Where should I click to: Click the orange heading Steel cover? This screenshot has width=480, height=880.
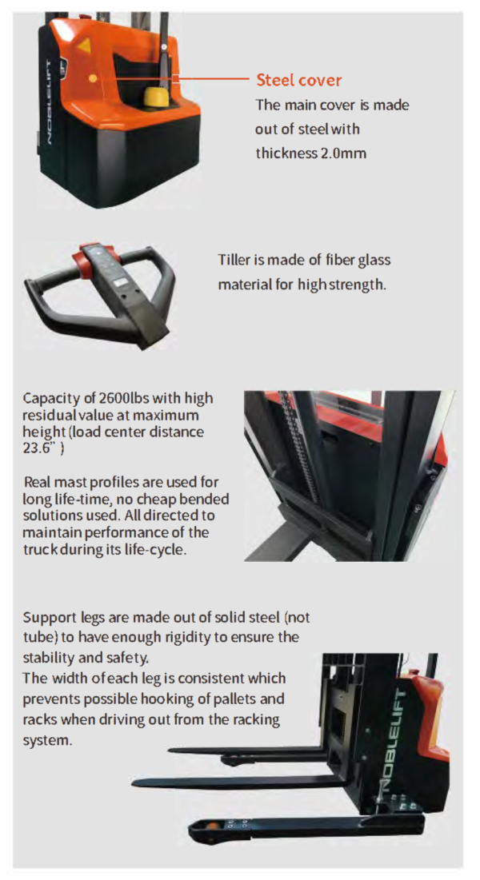298,80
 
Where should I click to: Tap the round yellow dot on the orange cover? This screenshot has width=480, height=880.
93,78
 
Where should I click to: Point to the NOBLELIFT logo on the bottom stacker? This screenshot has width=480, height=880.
399,740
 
